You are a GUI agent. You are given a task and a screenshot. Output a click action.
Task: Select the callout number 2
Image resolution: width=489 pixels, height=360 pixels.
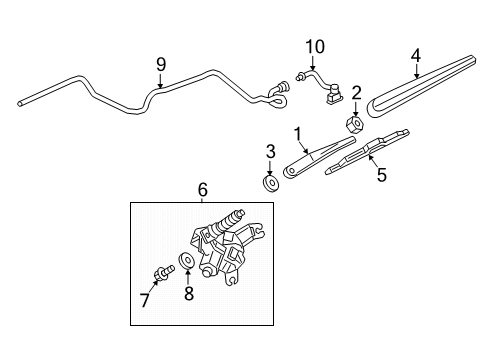point(355,93)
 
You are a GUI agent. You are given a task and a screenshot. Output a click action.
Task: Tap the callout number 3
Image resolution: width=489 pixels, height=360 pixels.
point(269,151)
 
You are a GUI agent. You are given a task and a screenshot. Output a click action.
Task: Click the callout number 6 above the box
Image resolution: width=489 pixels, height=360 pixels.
point(202,188)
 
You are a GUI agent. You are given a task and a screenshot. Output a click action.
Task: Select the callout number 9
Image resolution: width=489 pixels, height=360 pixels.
point(160,66)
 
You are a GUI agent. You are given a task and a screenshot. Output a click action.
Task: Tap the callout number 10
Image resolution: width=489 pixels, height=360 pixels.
point(316,47)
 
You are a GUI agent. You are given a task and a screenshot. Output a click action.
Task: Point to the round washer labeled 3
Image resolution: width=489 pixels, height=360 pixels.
point(269,183)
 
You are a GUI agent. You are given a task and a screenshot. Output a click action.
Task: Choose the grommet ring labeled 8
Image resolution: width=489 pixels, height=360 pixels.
point(185,262)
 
